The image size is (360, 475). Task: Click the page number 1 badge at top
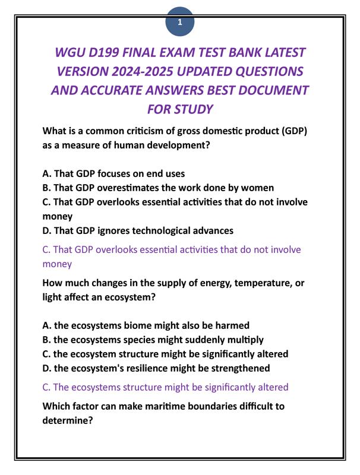click(x=180, y=23)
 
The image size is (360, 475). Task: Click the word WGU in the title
click(x=70, y=52)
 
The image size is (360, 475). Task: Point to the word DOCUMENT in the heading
click(x=271, y=90)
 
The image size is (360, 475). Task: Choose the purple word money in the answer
click(x=57, y=264)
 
